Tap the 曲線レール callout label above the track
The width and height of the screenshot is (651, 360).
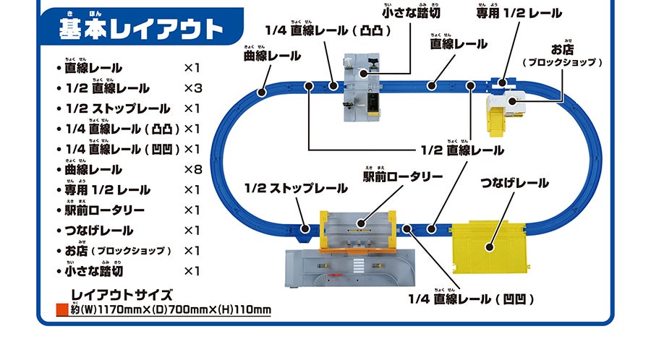coord(272,55)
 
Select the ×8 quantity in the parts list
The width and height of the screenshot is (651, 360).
coord(192,169)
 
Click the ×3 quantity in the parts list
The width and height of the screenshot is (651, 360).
coord(192,88)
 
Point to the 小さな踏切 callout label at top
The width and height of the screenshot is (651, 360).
coord(410,13)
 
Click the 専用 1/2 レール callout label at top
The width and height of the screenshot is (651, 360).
coord(519,13)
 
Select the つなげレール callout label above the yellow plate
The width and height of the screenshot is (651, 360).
coord(514,183)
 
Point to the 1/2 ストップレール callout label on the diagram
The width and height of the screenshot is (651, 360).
coord(296,189)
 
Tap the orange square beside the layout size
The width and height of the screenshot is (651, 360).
coord(61,312)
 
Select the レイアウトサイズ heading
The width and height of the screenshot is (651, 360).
coord(122,295)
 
